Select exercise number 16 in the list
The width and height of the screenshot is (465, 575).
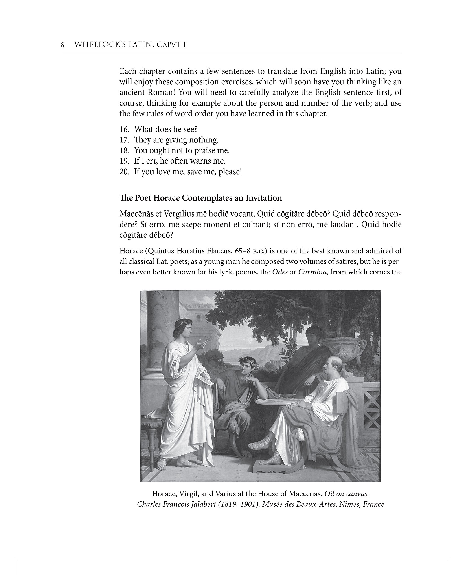[x=125, y=129]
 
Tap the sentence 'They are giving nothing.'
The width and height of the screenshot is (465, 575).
[x=176, y=140]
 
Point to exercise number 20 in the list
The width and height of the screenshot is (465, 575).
[x=125, y=172]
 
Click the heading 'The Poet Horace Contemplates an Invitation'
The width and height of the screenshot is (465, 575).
[x=201, y=198]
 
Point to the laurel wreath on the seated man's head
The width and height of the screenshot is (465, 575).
[x=246, y=359]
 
